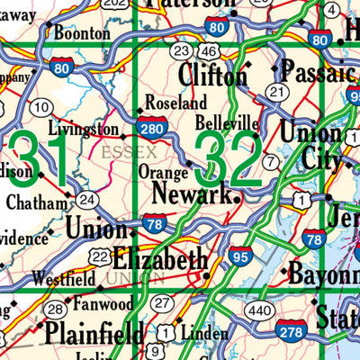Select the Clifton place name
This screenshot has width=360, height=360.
pos(212,73)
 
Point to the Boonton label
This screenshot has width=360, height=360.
pos(82,33)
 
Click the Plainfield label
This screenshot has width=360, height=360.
pos(94,333)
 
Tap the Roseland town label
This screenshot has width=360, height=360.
pos(175,103)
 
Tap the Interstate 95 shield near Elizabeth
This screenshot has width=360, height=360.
pos(240,256)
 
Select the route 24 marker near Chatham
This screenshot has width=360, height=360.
pos(86,199)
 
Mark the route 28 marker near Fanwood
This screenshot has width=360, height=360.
pos(55,310)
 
